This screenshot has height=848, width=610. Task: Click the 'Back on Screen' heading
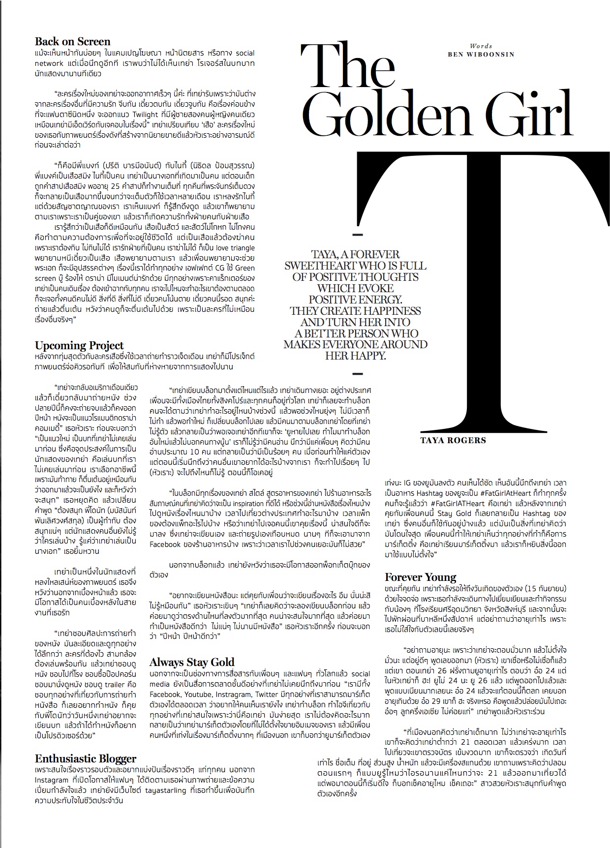click(73, 42)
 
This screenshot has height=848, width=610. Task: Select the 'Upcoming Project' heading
click(79, 345)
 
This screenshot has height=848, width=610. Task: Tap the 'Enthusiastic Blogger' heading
click(86, 758)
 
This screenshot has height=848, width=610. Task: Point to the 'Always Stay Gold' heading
click(192, 662)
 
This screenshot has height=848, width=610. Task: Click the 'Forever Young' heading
click(421, 577)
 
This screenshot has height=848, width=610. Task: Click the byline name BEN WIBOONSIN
click(481, 54)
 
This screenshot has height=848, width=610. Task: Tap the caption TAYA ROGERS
click(453, 440)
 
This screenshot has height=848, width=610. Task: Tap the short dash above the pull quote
click(358, 234)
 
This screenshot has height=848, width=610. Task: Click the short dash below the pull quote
click(358, 373)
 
